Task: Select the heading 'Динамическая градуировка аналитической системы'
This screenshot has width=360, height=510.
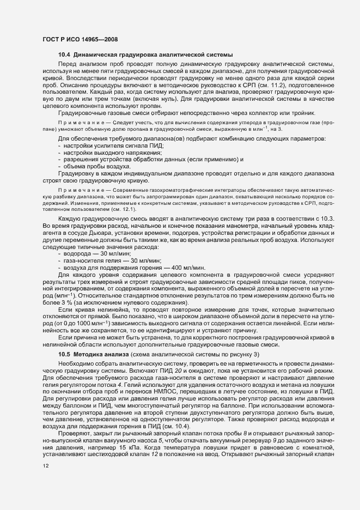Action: (x=154, y=56)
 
